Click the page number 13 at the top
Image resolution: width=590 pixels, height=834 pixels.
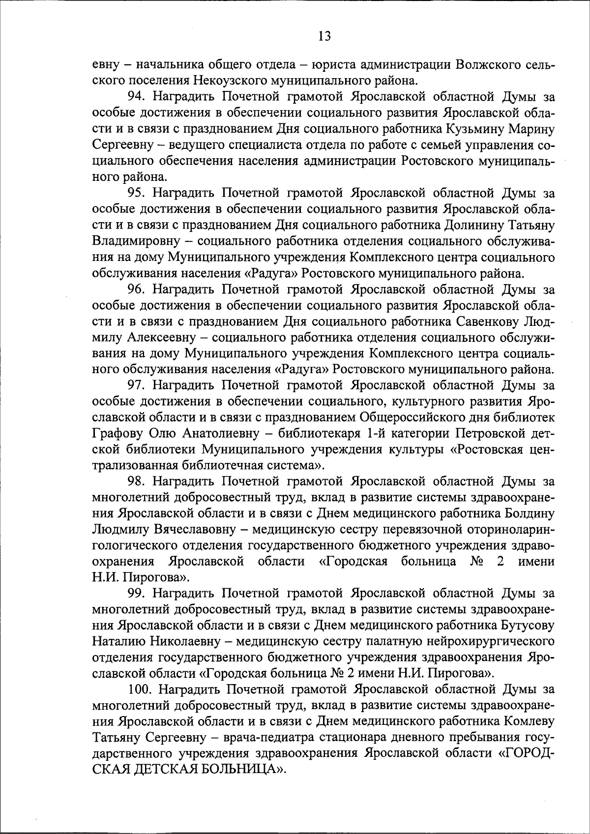(x=324, y=36)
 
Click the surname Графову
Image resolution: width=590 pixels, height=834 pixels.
(x=116, y=433)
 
